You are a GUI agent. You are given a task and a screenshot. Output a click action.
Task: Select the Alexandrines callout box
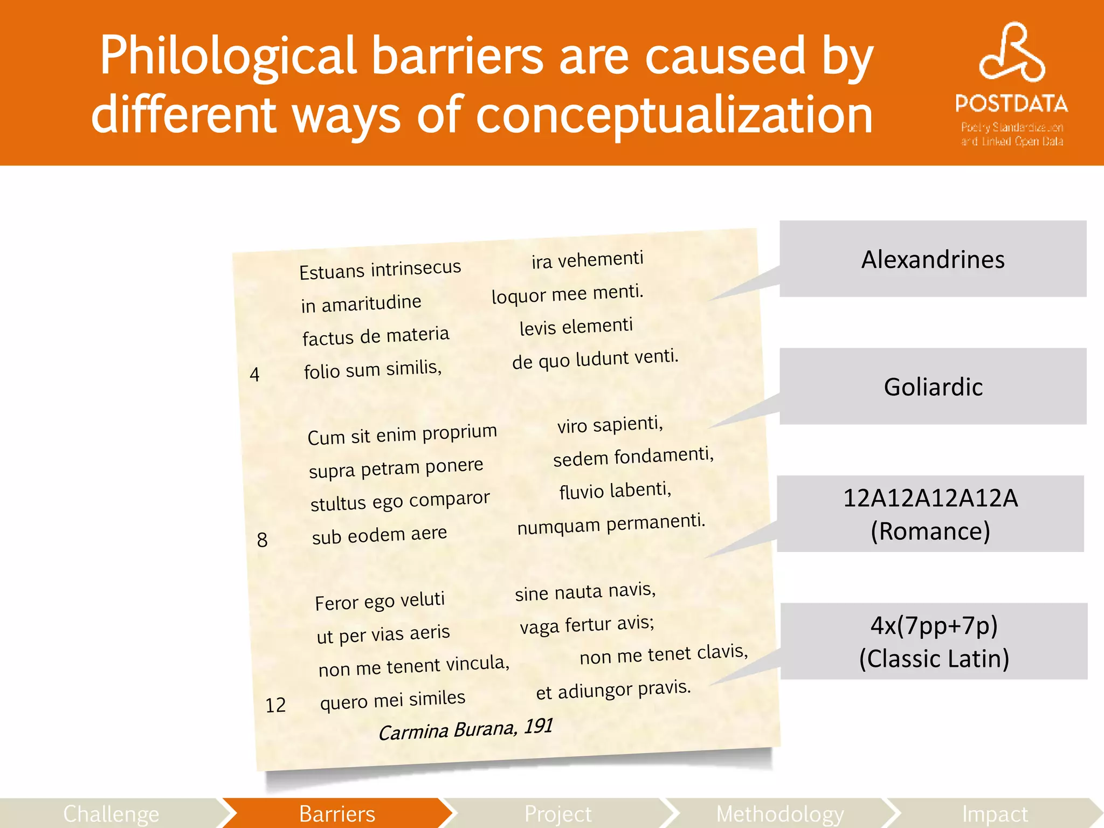933,259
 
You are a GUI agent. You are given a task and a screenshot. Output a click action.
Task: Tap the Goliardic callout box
933,387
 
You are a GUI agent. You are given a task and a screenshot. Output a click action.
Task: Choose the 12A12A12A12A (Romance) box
930,514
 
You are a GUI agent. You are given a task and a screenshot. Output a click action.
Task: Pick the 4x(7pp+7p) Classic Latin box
934,641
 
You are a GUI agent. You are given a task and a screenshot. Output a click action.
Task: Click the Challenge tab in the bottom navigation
111,813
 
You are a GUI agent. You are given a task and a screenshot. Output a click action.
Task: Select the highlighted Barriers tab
337,813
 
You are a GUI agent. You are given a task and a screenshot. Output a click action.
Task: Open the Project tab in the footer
558,813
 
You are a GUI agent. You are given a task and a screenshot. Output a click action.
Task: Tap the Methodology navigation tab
779,813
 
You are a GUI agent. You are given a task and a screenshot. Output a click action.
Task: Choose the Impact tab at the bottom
995,813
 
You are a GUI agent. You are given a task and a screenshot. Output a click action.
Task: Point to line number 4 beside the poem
255,374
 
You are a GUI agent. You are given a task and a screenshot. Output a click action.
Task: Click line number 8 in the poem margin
262,540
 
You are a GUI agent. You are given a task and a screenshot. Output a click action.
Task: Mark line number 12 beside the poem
275,705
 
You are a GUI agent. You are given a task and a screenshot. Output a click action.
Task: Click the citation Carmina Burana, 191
466,730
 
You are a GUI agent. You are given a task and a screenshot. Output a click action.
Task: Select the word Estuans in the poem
332,272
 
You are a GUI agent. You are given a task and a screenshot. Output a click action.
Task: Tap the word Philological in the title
229,56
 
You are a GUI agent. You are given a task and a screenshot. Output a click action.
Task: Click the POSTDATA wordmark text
1011,103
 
